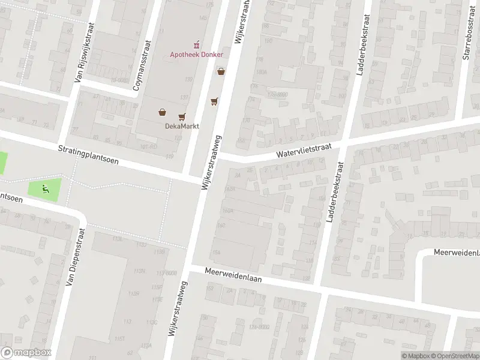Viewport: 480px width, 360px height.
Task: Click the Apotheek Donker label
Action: pyautogui.click(x=196, y=55)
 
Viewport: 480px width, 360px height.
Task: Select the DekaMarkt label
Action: pyautogui.click(x=182, y=126)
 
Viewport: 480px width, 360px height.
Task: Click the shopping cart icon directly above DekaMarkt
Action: pyautogui.click(x=182, y=116)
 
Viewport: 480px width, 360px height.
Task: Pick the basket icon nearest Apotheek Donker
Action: pyautogui.click(x=221, y=71)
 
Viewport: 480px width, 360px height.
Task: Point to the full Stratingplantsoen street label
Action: pyautogui.click(x=88, y=155)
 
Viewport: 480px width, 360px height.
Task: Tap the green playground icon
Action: pyautogui.click(x=44, y=190)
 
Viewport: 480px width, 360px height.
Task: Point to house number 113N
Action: pyautogui.click(x=140, y=271)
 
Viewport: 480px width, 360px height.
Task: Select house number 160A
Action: pyautogui.click(x=227, y=211)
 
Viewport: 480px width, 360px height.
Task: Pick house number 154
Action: pyautogui.click(x=216, y=252)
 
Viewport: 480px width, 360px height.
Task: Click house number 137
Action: pyautogui.click(x=183, y=98)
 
